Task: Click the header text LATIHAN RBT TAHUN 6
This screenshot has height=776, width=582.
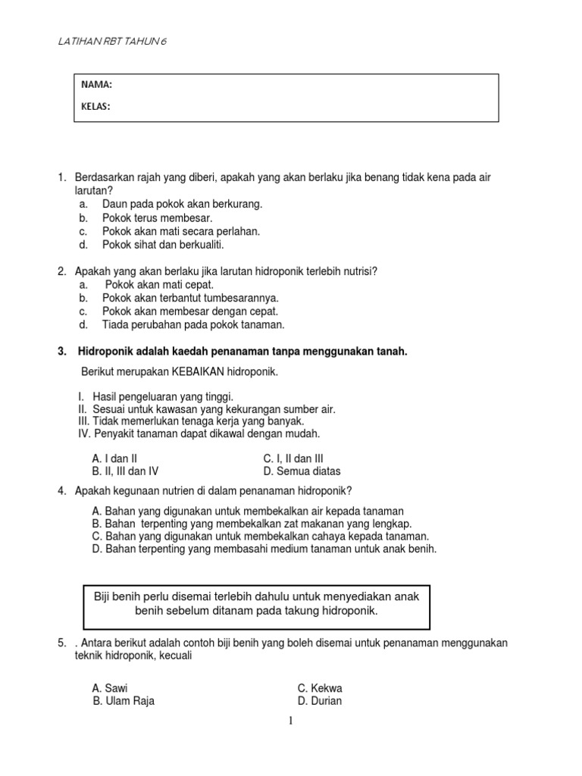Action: (x=113, y=42)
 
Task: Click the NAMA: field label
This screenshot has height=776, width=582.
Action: (x=96, y=85)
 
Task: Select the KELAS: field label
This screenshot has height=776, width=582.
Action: (x=96, y=107)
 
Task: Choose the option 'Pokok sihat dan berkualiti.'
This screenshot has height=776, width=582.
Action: (x=163, y=245)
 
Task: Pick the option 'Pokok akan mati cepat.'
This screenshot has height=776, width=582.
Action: (x=159, y=284)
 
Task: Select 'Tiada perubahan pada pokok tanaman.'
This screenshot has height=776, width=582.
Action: (x=193, y=324)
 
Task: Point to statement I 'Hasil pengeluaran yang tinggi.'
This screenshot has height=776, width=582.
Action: (x=163, y=396)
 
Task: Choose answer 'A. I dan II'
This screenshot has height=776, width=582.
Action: (x=114, y=458)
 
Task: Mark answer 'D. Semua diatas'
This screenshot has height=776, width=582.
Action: (x=302, y=471)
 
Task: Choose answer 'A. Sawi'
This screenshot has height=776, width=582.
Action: (x=110, y=688)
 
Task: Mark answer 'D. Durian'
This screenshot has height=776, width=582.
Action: (x=319, y=701)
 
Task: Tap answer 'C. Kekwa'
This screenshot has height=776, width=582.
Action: (x=320, y=688)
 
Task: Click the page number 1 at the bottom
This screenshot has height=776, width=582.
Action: (x=289, y=721)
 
